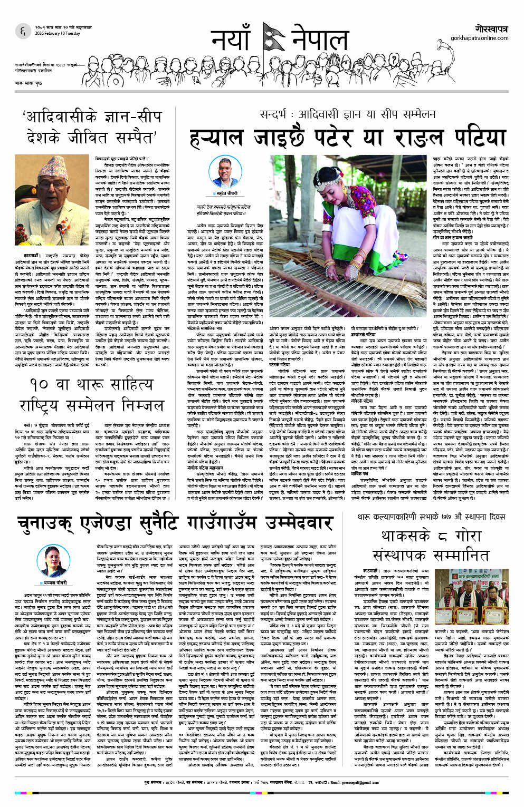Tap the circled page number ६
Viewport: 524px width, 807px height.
pos(23,32)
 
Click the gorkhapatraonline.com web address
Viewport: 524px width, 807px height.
pos(479,38)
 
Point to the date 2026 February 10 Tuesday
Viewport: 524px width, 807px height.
pos(58,34)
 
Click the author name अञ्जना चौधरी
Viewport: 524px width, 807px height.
pos(53,582)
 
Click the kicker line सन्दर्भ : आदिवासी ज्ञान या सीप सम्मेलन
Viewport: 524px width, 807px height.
pos(340,114)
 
